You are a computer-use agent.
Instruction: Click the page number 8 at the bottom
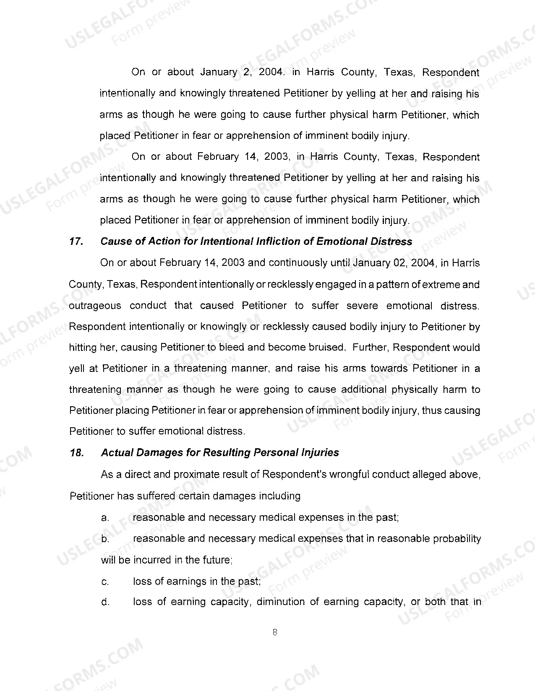pos(275,632)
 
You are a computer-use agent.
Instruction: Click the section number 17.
pos(76,242)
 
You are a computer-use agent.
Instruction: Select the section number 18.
pos(76,453)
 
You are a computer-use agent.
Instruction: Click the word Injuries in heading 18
pos(320,453)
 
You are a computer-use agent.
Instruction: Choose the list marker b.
pos(105,539)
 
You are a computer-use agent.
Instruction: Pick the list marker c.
pos(105,582)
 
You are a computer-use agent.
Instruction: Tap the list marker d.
pos(105,603)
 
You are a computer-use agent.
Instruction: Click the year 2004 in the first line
pos(271,72)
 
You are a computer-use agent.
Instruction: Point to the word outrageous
pos(95,306)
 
